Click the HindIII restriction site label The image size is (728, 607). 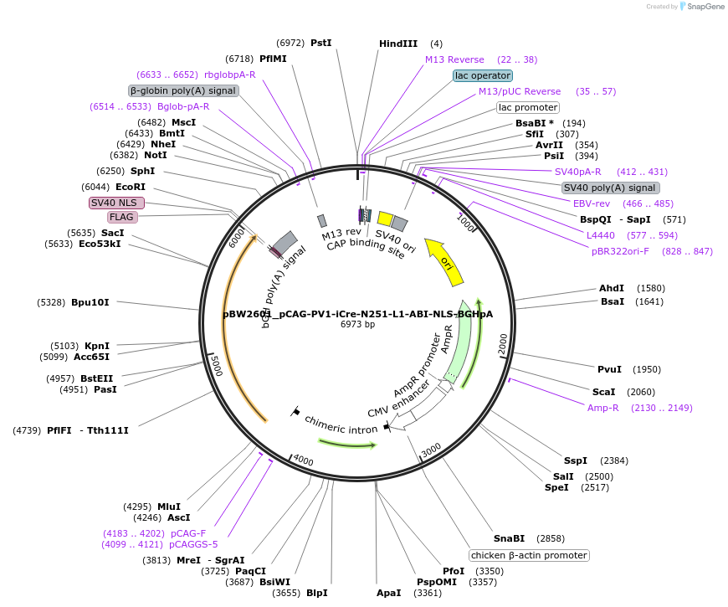click(x=398, y=44)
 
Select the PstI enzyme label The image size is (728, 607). click(x=320, y=43)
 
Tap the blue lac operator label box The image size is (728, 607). click(x=483, y=75)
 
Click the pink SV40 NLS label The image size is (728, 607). click(x=116, y=203)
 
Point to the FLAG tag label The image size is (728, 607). click(x=122, y=217)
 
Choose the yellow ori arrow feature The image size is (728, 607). click(x=444, y=258)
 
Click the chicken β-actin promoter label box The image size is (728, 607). click(x=529, y=555)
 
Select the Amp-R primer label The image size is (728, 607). click(x=602, y=408)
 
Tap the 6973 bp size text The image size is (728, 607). click(x=357, y=325)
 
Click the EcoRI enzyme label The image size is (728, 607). click(x=131, y=187)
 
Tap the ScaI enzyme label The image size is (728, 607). click(x=603, y=392)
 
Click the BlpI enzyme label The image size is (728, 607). click(x=316, y=593)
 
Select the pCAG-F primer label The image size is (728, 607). click(x=188, y=533)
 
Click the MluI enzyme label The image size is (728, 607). click(x=169, y=507)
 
